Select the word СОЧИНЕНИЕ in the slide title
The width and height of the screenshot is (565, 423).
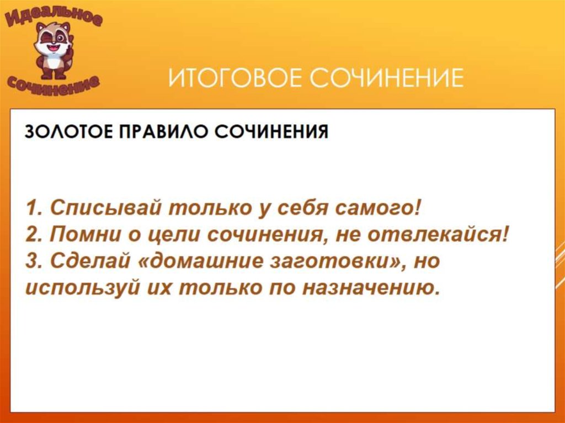pos(386,79)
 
